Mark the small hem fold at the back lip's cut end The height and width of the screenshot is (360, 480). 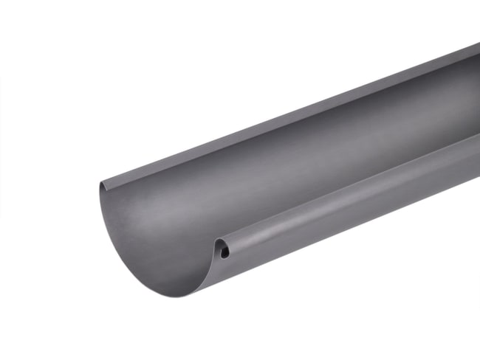101,181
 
